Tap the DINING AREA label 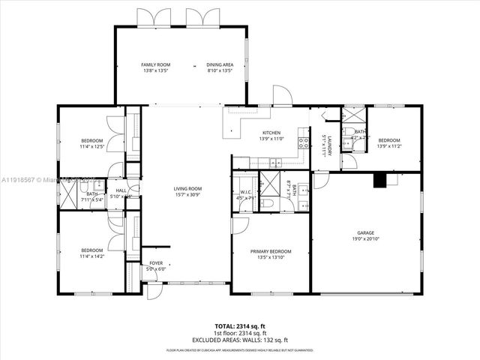click(220, 65)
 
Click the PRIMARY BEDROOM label click(271, 251)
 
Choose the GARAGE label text click(366, 232)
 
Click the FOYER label click(156, 263)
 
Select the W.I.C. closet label click(245, 191)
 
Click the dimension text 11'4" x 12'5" click(91, 146)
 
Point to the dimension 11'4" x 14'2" click(91, 256)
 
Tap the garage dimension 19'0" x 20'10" click(366, 238)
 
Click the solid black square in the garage click(379, 179)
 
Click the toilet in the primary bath click(268, 203)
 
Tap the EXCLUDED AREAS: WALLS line click(240, 340)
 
